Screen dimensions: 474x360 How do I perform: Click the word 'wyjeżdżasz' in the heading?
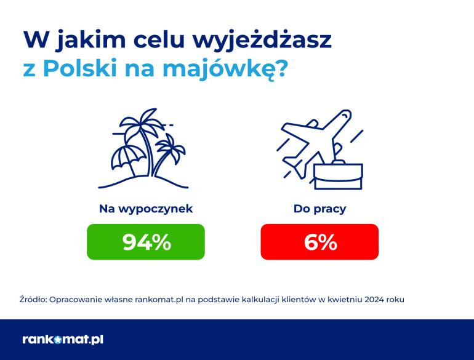point(262,40)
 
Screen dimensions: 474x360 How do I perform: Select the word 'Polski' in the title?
point(80,68)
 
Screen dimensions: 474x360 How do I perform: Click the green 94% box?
point(146,242)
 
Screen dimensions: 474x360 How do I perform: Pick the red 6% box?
point(319,242)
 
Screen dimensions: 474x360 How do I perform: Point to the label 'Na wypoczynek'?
point(146,209)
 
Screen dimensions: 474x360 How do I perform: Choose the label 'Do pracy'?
point(319,209)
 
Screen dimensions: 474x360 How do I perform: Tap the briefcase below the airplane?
point(338,176)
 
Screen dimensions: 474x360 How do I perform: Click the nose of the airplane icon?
point(348,113)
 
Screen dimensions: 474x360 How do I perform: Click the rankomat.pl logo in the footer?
point(63,340)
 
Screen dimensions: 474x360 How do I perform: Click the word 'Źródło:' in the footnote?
point(33,300)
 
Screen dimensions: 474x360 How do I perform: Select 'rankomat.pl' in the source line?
point(159,300)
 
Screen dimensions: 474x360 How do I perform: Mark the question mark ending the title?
point(279,68)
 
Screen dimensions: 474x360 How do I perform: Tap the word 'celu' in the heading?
point(159,39)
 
